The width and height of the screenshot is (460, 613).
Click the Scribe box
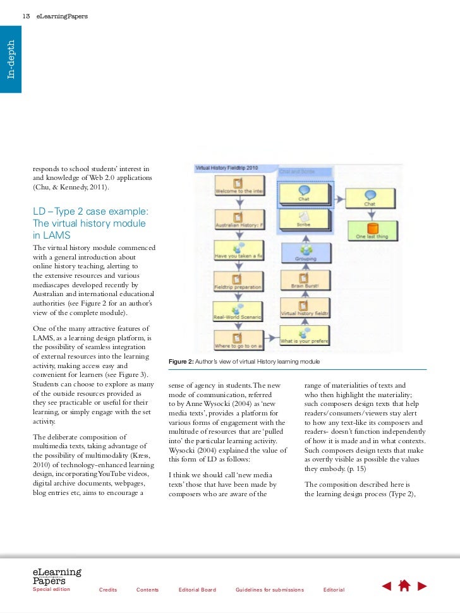coord(303,218)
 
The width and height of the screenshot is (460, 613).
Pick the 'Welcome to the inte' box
coord(239,184)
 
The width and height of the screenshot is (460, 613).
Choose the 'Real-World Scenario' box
coord(238,313)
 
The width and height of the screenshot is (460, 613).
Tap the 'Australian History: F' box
coord(239,218)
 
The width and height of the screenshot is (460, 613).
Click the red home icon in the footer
coord(404,585)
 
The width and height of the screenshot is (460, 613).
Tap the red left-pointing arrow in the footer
coord(387,586)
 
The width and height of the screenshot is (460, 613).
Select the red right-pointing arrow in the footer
coord(422,586)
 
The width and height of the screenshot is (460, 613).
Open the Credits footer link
coord(108,590)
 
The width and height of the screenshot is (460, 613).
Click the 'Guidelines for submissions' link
coord(269,590)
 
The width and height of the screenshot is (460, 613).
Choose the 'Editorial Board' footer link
coord(197,590)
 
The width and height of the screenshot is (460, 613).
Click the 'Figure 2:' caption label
coord(183,361)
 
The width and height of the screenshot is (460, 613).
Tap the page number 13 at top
coord(26,15)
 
